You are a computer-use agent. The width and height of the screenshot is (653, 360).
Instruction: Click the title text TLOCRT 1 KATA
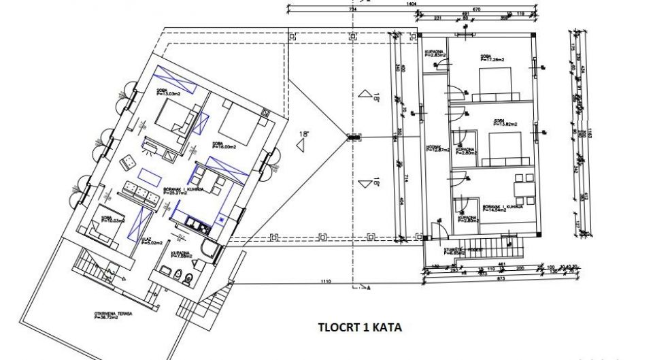coord(360,327)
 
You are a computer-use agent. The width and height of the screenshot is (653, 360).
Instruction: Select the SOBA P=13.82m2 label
coord(502,123)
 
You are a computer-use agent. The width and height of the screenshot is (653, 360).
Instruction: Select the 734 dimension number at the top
coord(353,10)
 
